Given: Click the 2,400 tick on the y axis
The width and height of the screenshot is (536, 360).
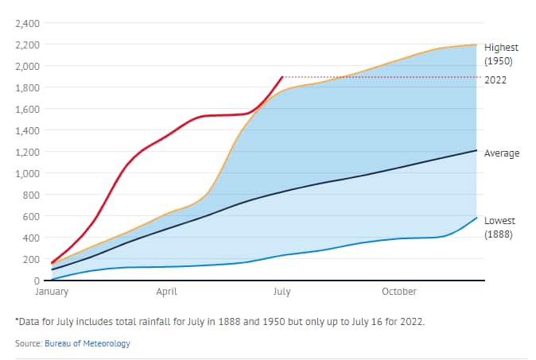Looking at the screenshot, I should tap(29, 22).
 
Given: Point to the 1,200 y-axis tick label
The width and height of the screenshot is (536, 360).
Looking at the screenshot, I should tap(29, 151).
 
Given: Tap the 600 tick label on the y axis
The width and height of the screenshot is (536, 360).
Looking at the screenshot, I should tap(33, 216).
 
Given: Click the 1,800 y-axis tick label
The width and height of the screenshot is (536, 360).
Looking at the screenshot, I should tap(29, 87).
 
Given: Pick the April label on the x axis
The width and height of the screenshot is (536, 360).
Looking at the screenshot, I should tap(166, 292).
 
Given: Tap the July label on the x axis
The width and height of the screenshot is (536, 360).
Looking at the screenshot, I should tap(282, 292).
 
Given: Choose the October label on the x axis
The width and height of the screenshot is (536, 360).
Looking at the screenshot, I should tap(398, 292).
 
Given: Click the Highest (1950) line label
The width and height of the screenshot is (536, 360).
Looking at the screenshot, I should tap(501, 53).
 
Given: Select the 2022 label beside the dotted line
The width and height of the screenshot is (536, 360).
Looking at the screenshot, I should tap(495, 79).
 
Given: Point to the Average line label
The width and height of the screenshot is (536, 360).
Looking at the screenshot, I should tap(502, 153).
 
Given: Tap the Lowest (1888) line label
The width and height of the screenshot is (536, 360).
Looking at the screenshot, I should tap(501, 227).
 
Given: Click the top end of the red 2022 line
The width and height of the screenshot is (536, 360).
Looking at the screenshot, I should tap(282, 77).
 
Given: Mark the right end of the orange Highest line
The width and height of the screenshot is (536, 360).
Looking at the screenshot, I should tap(476, 45).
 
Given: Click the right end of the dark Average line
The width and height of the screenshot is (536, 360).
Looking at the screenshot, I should tap(476, 150).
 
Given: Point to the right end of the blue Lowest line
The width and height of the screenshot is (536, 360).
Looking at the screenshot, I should tap(476, 218).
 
